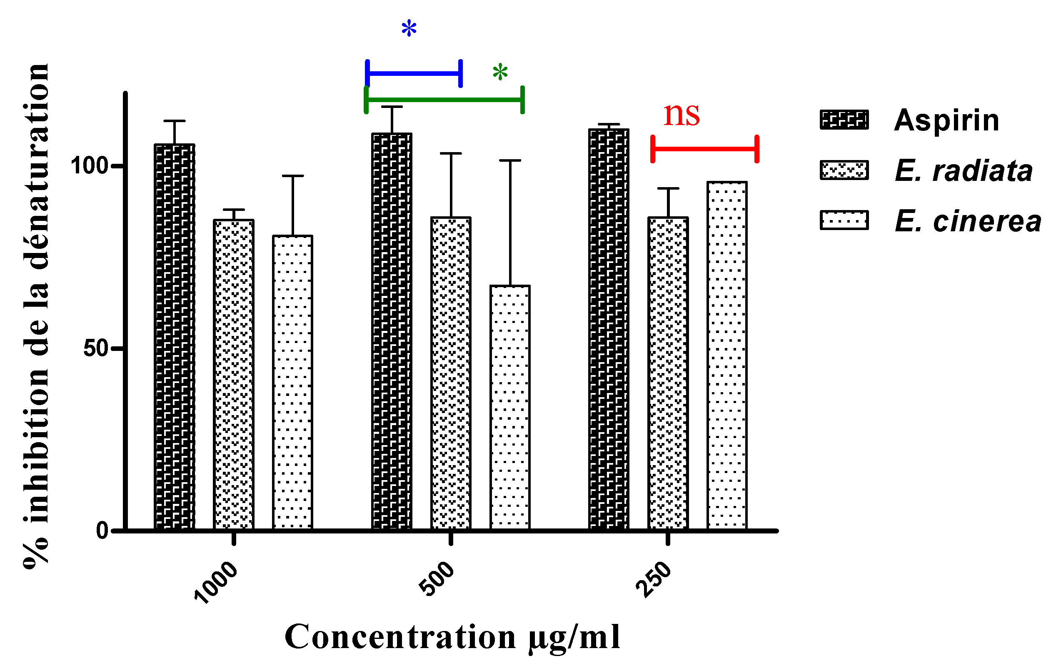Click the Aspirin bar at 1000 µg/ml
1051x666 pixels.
(x=175, y=336)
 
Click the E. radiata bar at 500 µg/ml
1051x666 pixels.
(x=451, y=373)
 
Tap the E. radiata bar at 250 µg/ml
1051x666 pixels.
(x=668, y=373)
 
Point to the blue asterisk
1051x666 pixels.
(x=409, y=29)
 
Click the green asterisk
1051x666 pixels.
(x=500, y=73)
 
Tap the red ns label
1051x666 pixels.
(x=682, y=115)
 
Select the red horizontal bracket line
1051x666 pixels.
(x=704, y=149)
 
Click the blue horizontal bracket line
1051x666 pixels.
(x=414, y=73)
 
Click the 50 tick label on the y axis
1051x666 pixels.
(x=95, y=348)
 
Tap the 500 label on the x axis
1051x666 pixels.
(x=437, y=578)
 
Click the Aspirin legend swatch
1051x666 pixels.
(x=844, y=120)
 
